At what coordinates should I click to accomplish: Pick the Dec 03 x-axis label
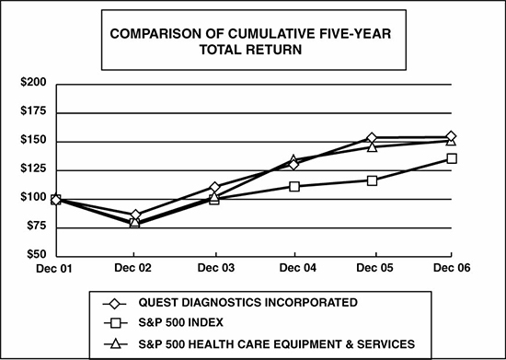215,268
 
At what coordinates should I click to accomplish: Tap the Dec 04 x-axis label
294,268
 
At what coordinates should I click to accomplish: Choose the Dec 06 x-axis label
450,268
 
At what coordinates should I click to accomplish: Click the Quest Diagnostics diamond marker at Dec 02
136,215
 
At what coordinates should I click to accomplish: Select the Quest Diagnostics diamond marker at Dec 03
215,188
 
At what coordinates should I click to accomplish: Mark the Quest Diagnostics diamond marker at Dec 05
372,138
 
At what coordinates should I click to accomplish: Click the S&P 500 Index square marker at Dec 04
294,186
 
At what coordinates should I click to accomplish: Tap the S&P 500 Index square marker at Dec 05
372,180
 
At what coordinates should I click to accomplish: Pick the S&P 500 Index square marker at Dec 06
451,158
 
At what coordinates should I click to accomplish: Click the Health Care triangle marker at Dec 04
294,160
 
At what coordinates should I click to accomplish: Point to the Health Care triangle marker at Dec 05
372,146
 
